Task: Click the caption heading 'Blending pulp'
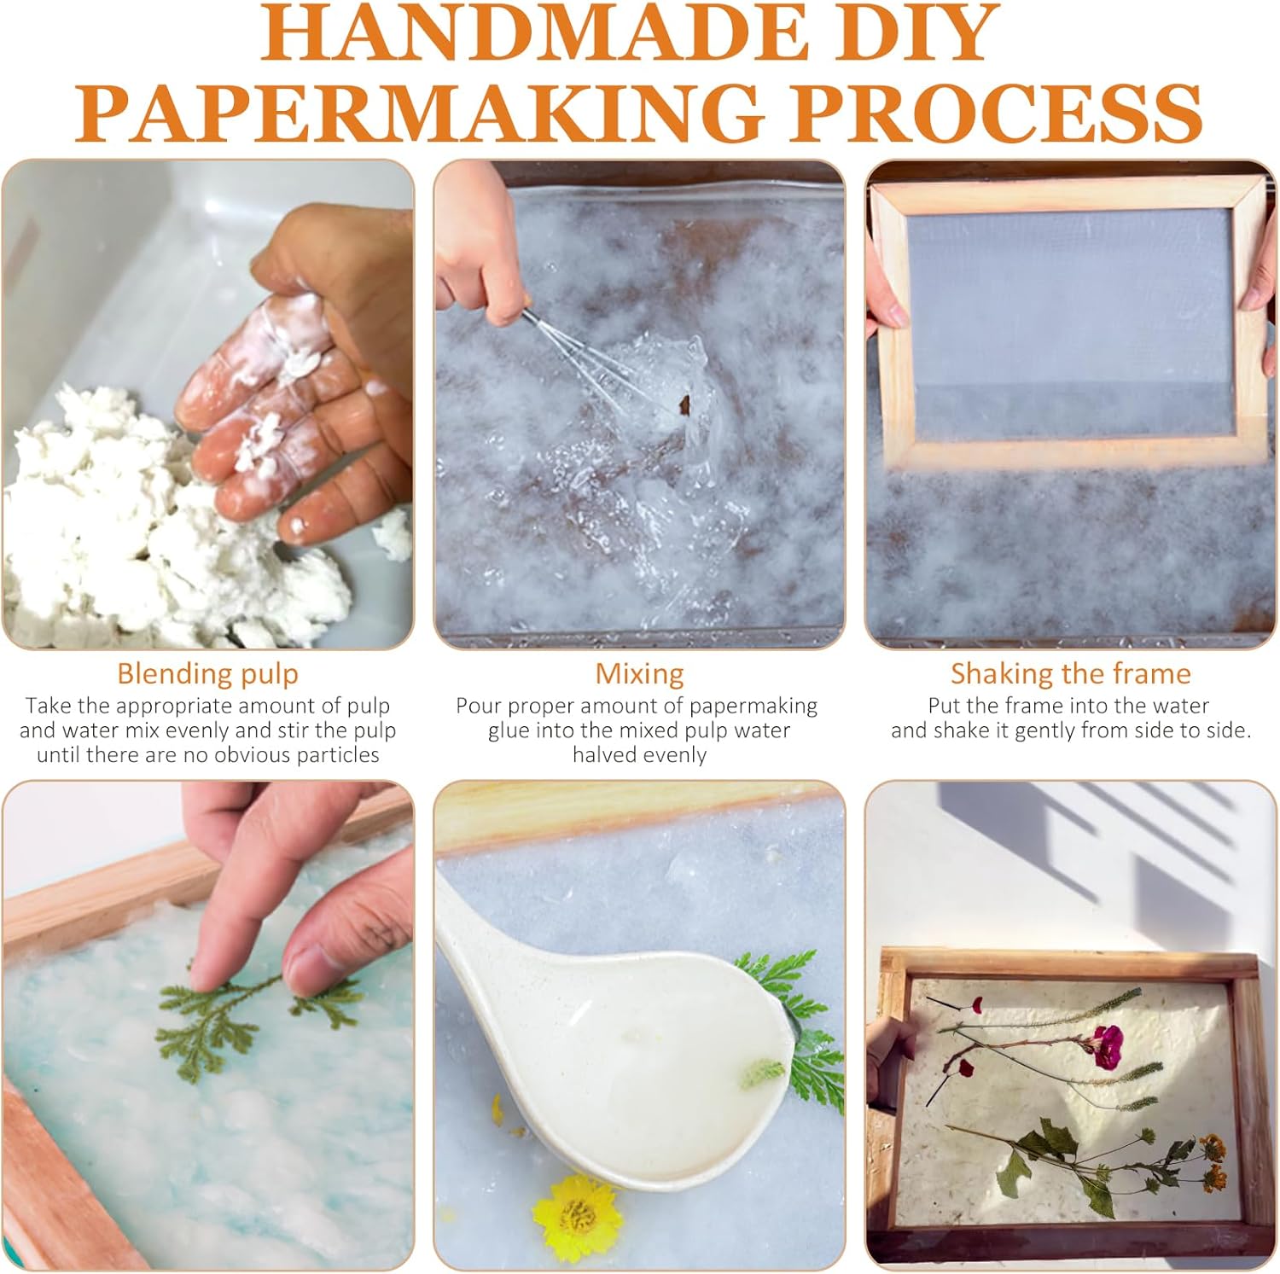click(207, 674)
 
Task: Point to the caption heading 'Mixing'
click(639, 674)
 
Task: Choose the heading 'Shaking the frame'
click(1071, 673)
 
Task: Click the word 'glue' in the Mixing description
click(509, 731)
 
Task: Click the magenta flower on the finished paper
click(1107, 1046)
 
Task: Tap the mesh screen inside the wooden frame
click(1071, 324)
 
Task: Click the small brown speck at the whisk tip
click(684, 403)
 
